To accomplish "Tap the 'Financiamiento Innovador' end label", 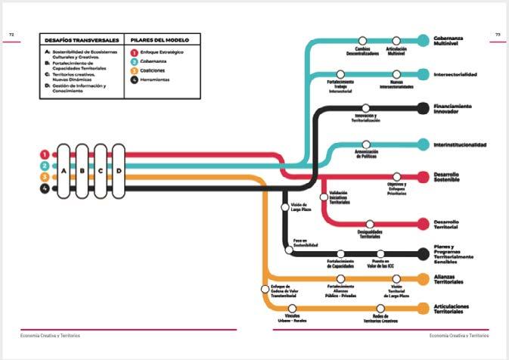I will (x=453, y=109).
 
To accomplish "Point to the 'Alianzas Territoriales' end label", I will (x=449, y=280).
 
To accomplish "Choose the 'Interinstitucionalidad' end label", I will (x=460, y=144).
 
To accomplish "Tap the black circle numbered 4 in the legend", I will (x=134, y=79).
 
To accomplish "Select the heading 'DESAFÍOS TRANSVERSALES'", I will (x=81, y=39).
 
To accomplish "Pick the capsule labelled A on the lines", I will (x=64, y=171).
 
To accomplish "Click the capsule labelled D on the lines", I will (x=117, y=171).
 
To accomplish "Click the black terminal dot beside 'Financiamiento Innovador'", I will (x=423, y=108).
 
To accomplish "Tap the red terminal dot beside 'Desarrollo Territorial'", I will (x=423, y=224).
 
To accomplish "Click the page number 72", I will (x=11, y=34).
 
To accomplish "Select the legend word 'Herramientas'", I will (x=154, y=79).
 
